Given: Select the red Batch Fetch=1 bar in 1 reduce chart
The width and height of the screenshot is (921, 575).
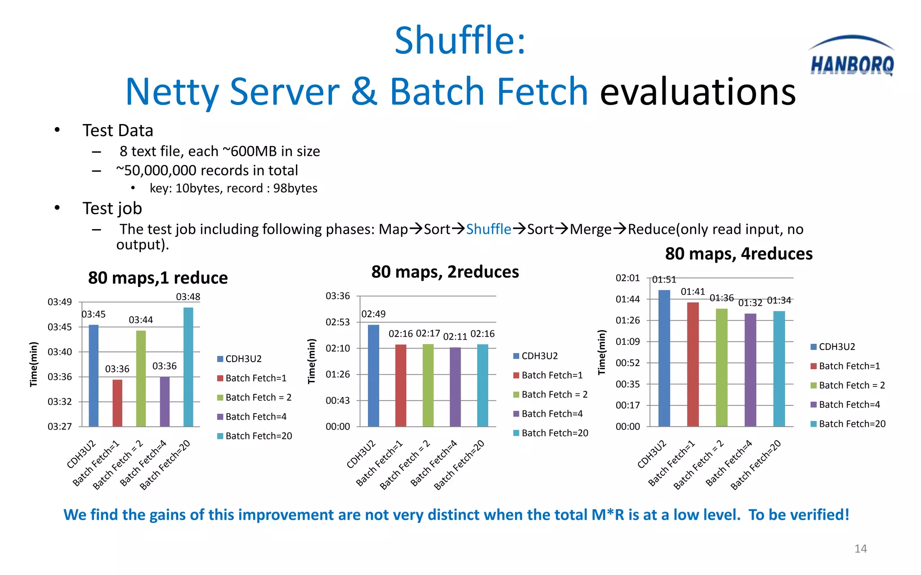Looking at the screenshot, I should [x=117, y=403].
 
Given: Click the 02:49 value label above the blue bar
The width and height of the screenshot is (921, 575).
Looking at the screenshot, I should [x=373, y=314].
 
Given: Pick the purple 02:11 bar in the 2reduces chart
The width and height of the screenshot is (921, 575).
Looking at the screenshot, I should [x=455, y=387].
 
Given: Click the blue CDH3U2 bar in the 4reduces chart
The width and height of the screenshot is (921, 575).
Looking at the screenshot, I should [x=664, y=358].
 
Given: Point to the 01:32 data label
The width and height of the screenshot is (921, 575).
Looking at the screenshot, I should [x=750, y=303].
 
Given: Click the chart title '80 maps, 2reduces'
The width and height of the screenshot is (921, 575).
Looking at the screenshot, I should [x=445, y=272].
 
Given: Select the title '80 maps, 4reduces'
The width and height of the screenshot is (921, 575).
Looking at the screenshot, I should [x=738, y=254].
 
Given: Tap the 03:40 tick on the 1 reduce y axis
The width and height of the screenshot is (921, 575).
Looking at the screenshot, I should [x=60, y=352].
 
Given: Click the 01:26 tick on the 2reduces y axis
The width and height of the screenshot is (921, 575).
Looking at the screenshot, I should [x=338, y=374].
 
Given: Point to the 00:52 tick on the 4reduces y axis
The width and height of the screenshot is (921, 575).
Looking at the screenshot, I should [x=627, y=363].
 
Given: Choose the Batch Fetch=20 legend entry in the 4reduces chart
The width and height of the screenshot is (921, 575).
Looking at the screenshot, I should [x=848, y=424].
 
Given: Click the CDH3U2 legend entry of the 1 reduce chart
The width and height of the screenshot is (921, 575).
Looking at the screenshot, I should [x=239, y=358].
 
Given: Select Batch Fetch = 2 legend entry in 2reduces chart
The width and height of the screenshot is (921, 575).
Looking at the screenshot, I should [x=550, y=394].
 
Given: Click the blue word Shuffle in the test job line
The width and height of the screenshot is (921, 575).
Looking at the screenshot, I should [x=488, y=230].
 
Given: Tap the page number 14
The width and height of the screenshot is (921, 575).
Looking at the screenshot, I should [x=860, y=548].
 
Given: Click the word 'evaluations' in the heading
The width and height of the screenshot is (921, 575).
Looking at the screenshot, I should [x=697, y=92].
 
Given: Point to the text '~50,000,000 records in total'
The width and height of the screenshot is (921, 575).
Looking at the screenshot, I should [x=207, y=171].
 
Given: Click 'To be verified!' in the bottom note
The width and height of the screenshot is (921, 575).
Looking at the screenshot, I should [x=799, y=515].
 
